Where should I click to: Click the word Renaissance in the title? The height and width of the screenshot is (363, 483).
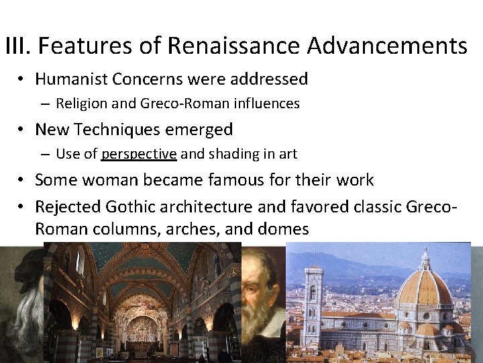coord(234,46)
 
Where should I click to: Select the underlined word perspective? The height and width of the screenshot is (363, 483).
coord(139,154)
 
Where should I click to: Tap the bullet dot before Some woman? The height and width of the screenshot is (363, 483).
coord(21,179)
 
